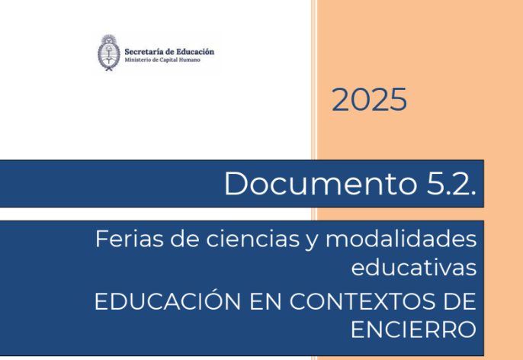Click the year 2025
pos(369,99)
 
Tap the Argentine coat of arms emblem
pos(109,53)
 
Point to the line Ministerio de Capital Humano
pos(162,59)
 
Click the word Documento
pos(320,183)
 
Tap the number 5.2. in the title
pos(451,183)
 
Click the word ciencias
pos(253,239)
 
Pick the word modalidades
pos(401,239)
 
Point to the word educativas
pos(414,267)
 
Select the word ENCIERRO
pos(413,329)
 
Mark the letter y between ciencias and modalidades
pos(313,242)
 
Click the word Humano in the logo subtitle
pos(189,59)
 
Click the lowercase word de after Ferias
pos(184,239)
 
